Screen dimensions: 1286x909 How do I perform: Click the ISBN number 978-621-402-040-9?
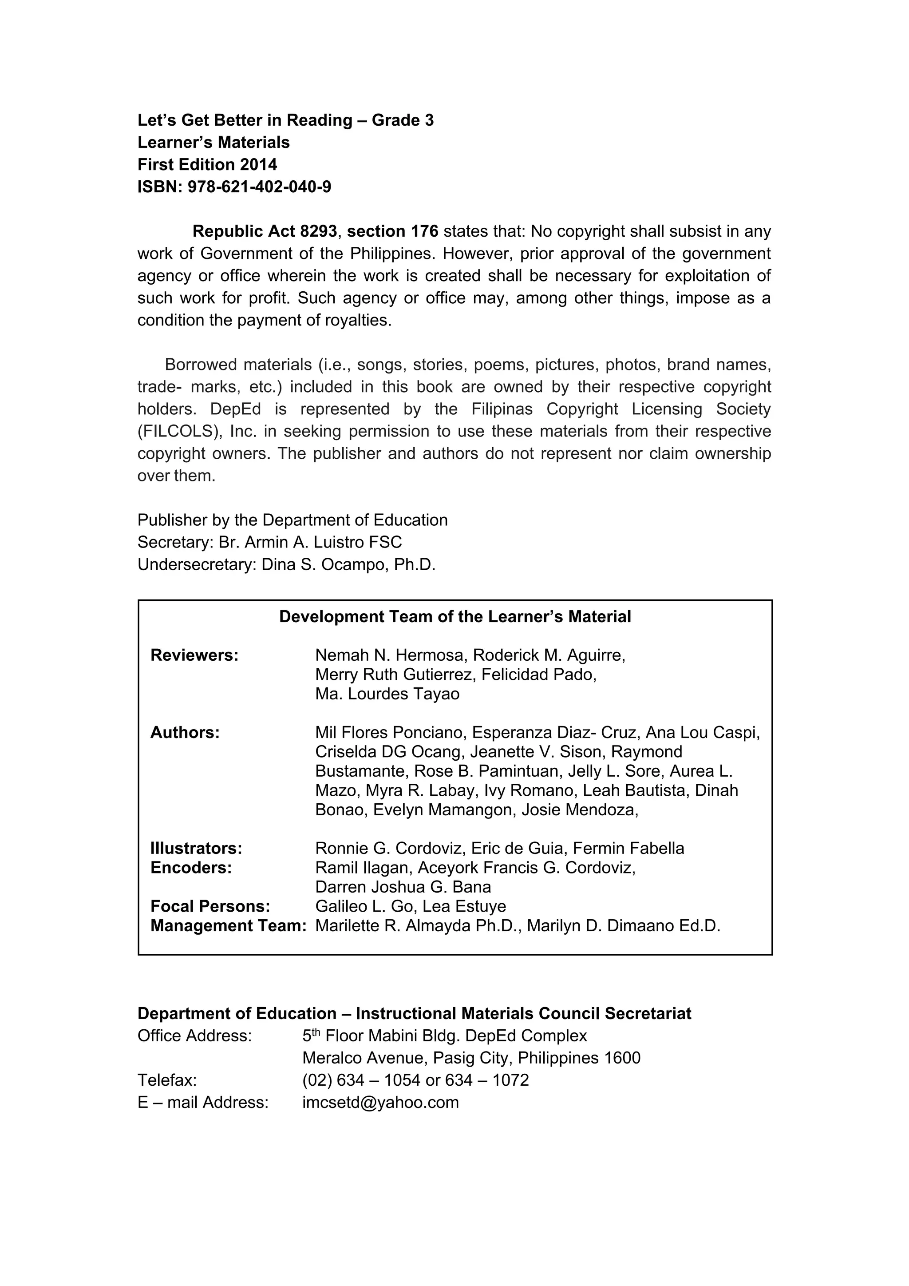(x=259, y=187)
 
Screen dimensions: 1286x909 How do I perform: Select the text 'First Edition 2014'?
(x=207, y=164)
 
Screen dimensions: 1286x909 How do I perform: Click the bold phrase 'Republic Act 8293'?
(x=265, y=231)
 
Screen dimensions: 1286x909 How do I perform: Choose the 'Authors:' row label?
(x=185, y=732)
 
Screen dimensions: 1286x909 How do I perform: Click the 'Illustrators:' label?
(x=196, y=848)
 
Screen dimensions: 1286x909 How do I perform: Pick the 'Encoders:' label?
(x=191, y=868)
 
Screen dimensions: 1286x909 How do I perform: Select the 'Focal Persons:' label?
(x=210, y=906)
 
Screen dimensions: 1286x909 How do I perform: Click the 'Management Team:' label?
(x=228, y=925)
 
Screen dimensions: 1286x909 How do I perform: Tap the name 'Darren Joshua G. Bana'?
(x=403, y=887)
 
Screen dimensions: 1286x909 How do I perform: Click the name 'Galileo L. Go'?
(x=364, y=906)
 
